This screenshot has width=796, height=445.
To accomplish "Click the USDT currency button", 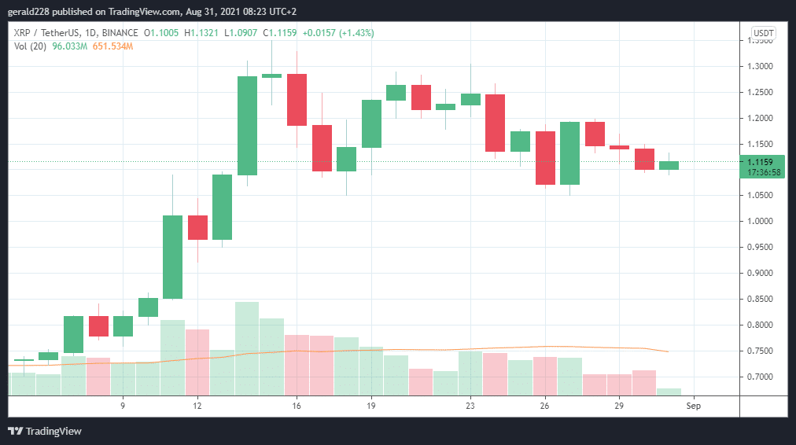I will tap(763, 33).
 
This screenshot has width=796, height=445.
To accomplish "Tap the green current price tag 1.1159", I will tap(762, 162).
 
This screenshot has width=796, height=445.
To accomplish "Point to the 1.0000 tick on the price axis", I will tap(762, 221).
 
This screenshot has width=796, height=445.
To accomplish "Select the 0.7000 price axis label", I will tap(762, 377).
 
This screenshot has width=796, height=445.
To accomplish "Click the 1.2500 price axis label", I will tap(762, 92).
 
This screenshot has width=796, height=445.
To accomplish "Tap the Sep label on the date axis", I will tap(693, 406).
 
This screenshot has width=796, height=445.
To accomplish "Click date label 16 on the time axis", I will tap(296, 406).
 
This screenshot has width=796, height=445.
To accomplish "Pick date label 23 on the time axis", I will tap(470, 406).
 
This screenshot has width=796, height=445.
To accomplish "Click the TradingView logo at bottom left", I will tap(45, 431).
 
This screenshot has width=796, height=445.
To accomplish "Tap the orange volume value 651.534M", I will tap(112, 46).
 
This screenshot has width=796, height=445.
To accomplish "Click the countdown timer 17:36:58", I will tap(762, 172).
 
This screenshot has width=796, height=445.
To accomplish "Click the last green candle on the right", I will tap(669, 165).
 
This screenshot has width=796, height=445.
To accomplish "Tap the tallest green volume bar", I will tap(246, 348).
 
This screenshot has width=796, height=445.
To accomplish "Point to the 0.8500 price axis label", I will tap(762, 299).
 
